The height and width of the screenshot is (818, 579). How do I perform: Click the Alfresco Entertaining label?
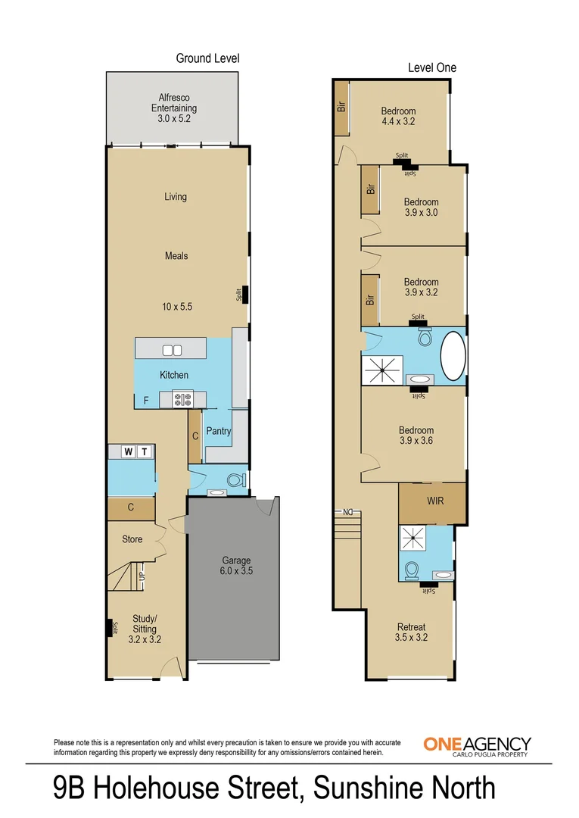pos(173,108)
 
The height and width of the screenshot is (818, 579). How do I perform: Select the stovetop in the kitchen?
pos(182,399)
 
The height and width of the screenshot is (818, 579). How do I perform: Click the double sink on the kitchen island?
pos(172,350)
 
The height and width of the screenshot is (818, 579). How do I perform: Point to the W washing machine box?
pos(129,452)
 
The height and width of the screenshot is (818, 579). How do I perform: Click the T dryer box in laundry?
pos(145,452)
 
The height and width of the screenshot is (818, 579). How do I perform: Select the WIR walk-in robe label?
pos(435,501)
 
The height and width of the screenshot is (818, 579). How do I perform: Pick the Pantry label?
pos(219,432)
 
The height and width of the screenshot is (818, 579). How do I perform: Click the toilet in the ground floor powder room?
pos(236,480)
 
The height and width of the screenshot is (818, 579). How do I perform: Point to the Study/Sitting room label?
pos(145,629)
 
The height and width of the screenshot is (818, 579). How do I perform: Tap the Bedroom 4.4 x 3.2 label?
pos(398,116)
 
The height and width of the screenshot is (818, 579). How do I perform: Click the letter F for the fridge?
pos(145,401)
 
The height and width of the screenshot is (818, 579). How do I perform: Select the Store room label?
pos(132,540)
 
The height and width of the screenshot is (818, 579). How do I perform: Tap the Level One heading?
pos(432,68)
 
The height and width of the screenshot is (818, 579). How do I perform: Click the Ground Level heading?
pos(207,58)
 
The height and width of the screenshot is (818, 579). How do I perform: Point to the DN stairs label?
pos(350,513)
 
